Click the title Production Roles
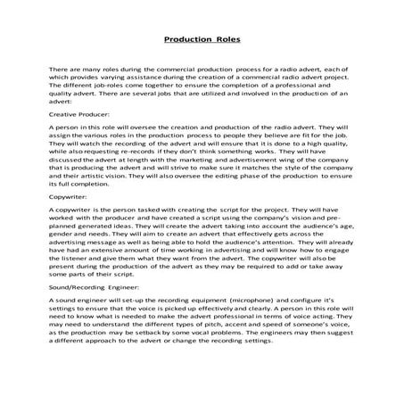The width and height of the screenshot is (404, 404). pyautogui.click(x=202, y=40)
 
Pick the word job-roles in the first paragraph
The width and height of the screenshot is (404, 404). pyautogui.click(x=110, y=88)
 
